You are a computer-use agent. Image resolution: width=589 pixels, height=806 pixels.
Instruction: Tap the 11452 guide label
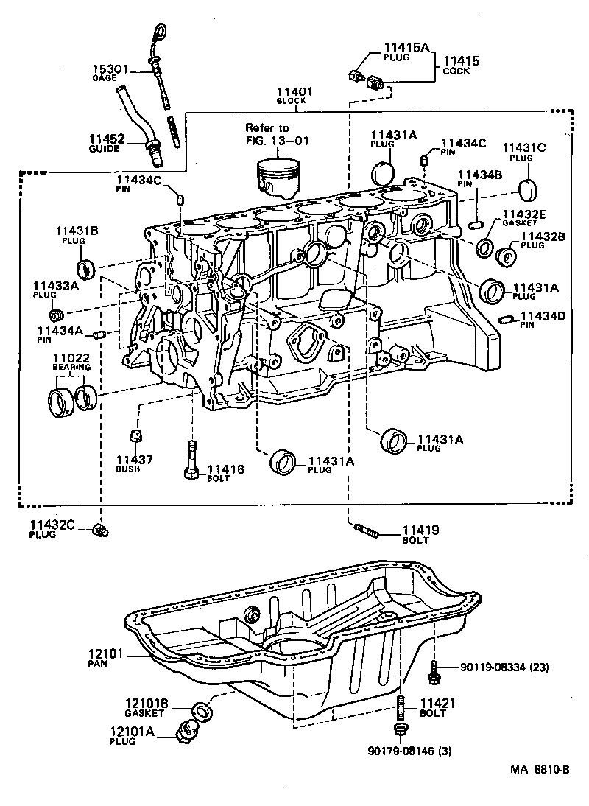click(x=107, y=138)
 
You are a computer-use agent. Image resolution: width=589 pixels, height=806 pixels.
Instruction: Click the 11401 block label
click(x=294, y=92)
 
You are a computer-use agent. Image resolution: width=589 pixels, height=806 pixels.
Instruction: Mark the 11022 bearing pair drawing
click(x=72, y=398)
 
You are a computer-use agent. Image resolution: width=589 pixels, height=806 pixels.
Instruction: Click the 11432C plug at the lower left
click(x=99, y=530)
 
